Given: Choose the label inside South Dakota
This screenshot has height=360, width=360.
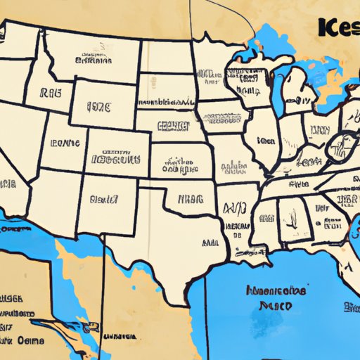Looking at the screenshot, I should coord(166,88).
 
